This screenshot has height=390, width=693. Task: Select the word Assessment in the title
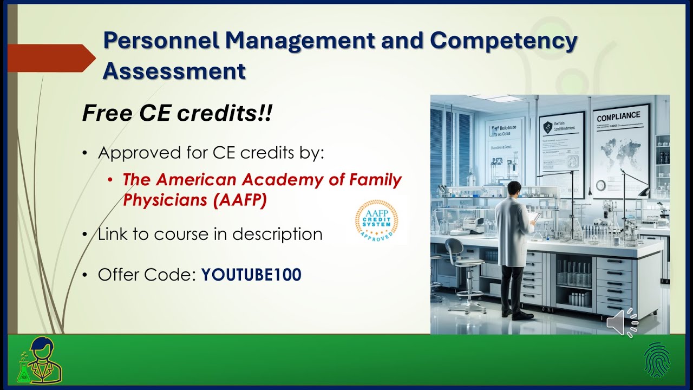174,71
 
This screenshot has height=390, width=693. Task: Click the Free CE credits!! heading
176,114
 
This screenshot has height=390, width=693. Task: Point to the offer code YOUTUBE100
251,275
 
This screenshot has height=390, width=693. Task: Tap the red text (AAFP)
240,200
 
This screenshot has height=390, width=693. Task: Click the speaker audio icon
622,323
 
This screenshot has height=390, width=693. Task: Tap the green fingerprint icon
657,360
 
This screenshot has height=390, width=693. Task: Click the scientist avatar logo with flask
39,360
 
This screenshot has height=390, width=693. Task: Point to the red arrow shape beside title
50,58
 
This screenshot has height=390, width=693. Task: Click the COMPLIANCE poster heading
618,116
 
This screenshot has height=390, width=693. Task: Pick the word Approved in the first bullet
135,153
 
